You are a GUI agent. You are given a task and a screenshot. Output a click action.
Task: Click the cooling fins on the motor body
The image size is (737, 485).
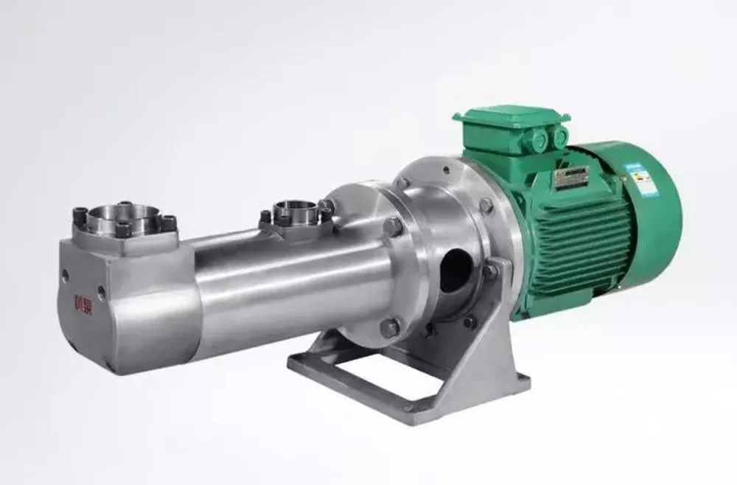click(x=582, y=243)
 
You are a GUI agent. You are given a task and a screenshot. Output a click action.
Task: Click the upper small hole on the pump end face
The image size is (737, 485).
click(x=66, y=274)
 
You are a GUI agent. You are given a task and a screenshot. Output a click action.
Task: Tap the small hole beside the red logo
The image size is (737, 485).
click(x=101, y=292)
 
